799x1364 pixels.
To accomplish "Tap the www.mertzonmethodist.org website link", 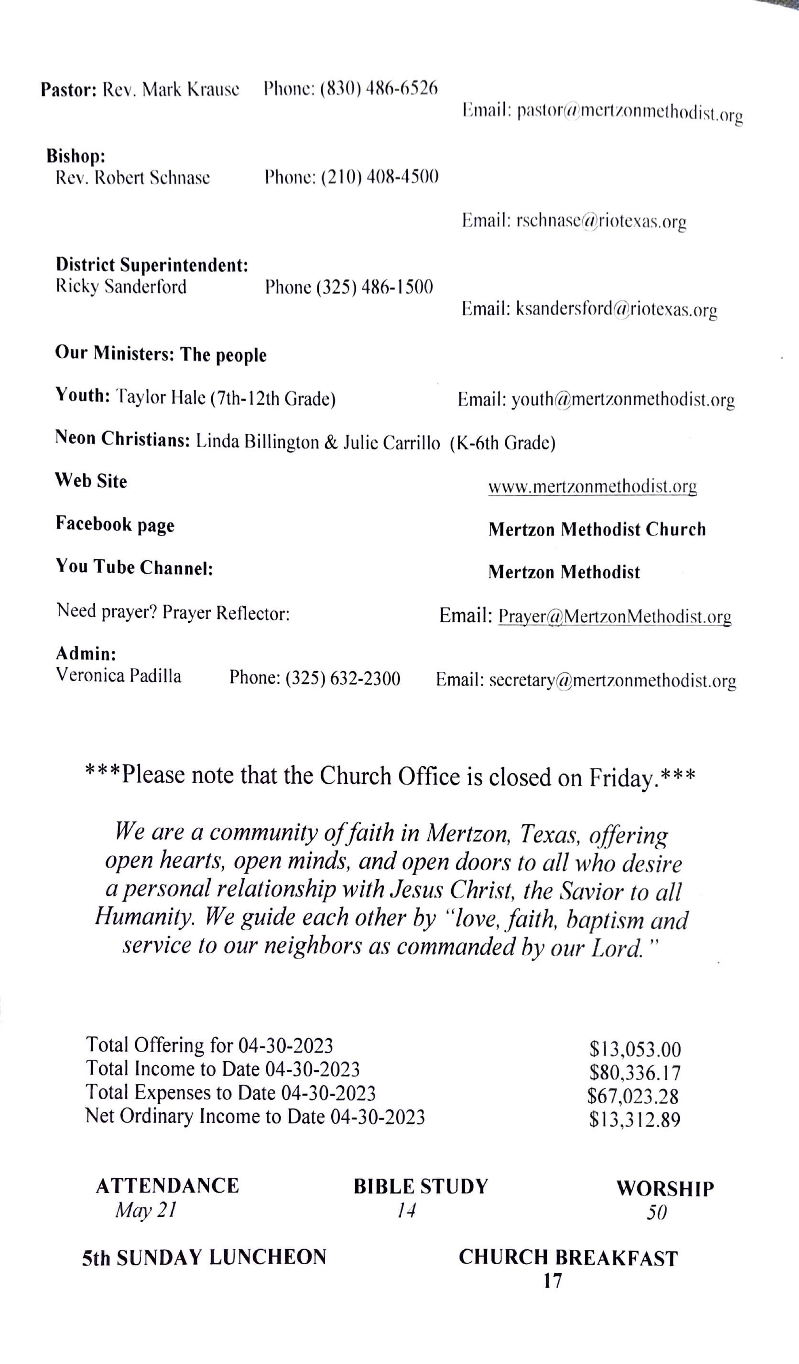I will tap(592, 487).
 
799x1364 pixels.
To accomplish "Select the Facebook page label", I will tap(115, 524).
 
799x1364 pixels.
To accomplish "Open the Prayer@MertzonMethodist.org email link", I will tap(614, 617).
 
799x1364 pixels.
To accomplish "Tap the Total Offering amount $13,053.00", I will tap(635, 1050).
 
